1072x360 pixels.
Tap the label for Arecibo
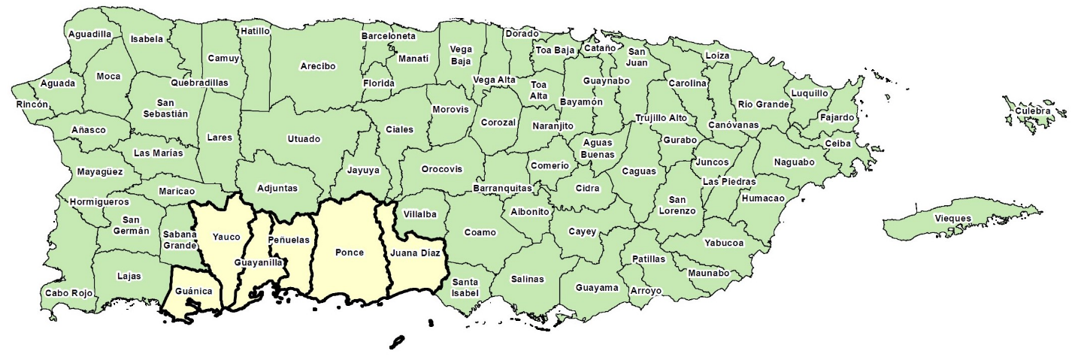(317, 66)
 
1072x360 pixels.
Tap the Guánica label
(193, 290)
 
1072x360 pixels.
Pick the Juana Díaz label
(415, 253)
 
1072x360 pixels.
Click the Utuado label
(304, 139)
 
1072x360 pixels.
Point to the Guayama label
(597, 288)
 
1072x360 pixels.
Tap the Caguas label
(639, 171)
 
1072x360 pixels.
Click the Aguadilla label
(89, 34)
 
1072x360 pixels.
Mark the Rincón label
(32, 104)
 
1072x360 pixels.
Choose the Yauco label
(226, 237)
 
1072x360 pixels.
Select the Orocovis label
(441, 169)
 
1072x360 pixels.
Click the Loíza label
(717, 56)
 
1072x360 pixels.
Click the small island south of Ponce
(398, 342)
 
